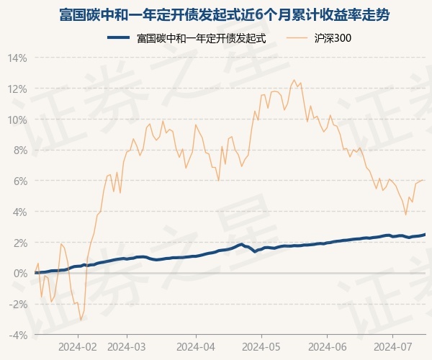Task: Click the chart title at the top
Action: pyautogui.click(x=216, y=14)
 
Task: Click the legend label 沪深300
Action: pyautogui.click(x=333, y=38)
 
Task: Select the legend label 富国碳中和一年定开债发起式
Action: pyautogui.click(x=201, y=38)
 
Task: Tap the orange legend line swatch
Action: pyautogui.click(x=297, y=38)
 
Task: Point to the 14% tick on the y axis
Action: pyautogui.click(x=17, y=58)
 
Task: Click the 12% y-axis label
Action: pyautogui.click(x=17, y=89)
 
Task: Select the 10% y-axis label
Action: pyautogui.click(x=17, y=120)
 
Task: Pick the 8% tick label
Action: pyautogui.click(x=19, y=150)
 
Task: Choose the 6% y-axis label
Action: pyautogui.click(x=19, y=181)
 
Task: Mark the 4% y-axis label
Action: pyautogui.click(x=19, y=212)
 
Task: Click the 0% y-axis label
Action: pyautogui.click(x=19, y=274)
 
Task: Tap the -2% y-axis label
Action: pyautogui.click(x=17, y=305)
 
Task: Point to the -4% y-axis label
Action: pyautogui.click(x=17, y=336)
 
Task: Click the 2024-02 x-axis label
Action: pyautogui.click(x=78, y=346)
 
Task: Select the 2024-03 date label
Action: pyautogui.click(x=126, y=346)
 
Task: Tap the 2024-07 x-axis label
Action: pyautogui.click(x=393, y=346)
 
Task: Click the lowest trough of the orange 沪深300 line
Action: pyautogui.click(x=81, y=320)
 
